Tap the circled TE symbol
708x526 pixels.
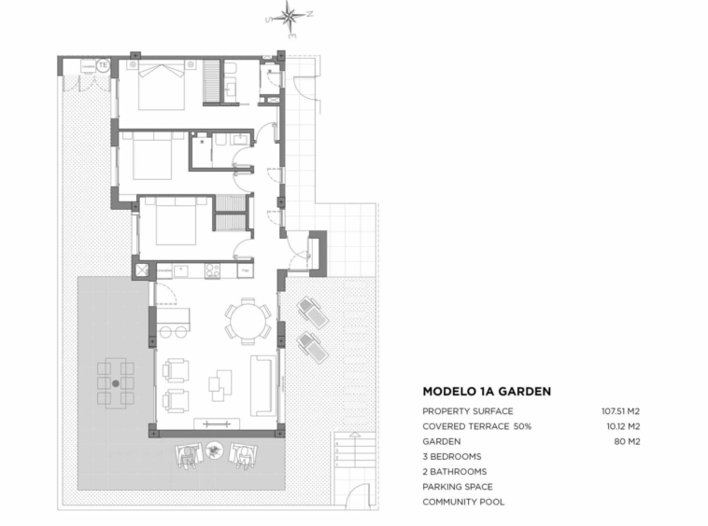tap(104, 65)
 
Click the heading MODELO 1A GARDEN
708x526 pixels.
tap(487, 391)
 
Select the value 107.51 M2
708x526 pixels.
tap(620, 411)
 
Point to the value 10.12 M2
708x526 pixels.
tap(623, 426)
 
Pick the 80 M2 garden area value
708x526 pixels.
tap(627, 442)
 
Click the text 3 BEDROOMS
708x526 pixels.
tap(451, 457)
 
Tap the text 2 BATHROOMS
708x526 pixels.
tap(454, 472)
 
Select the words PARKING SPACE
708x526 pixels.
tap(458, 487)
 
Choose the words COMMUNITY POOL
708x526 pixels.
tap(463, 502)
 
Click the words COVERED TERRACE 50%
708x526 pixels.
tap(476, 426)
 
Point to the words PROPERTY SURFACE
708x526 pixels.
tap(468, 411)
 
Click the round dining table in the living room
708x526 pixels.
tap(248, 322)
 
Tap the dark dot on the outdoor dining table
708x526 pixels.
tap(116, 383)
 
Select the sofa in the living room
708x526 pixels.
tap(262, 385)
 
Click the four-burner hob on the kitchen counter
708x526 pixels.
tap(212, 270)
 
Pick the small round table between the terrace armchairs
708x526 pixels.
tap(214, 450)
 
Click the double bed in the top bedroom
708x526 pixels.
tap(162, 85)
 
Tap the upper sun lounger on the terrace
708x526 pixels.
tap(313, 312)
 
